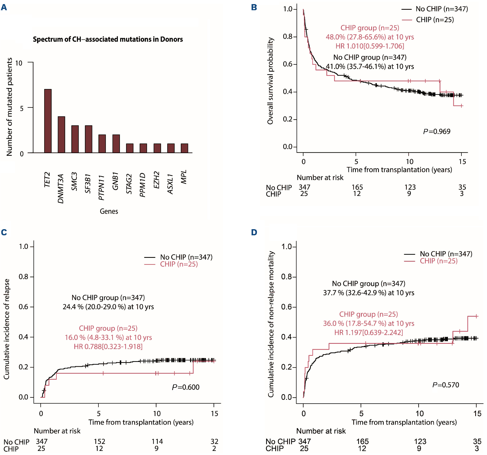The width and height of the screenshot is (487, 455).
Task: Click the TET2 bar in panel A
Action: pos(48,121)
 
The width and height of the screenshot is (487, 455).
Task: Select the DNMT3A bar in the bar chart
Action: pos(61,135)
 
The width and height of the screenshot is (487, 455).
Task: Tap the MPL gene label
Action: pos(184,177)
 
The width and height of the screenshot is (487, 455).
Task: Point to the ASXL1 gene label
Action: pos(170,184)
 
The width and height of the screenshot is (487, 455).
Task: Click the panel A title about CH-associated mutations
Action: pos(108,39)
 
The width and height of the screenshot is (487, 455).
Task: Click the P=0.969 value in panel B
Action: pos(437,131)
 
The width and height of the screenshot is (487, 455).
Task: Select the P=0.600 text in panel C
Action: pos(186,387)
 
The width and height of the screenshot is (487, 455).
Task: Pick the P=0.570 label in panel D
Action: pos(446,385)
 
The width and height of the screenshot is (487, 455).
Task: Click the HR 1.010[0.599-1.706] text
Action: pos(370,46)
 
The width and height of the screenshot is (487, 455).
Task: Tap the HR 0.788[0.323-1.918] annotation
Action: pos(108,347)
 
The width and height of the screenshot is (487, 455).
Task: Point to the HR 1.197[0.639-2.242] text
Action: pos(368,332)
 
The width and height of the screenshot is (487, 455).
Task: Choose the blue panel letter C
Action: pos(4,232)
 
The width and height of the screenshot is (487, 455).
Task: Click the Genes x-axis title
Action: pos(109,211)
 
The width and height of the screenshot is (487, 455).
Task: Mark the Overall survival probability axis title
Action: pos(270,81)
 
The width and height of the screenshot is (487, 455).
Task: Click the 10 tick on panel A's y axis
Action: pos(19,63)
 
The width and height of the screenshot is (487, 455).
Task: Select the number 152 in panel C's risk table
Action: pos(99,441)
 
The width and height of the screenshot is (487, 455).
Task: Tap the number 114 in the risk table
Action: pos(157,441)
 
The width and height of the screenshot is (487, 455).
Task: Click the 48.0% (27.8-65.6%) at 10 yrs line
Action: pos(370,37)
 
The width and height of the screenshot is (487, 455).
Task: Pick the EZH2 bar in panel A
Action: pos(157,148)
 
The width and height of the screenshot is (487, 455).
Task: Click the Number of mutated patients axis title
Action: pos(9,107)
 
